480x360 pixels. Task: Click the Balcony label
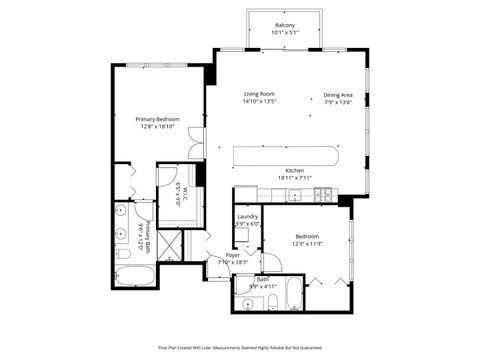coord(284,25)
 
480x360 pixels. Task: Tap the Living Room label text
coord(259,94)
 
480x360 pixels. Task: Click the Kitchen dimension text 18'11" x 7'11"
coord(295,178)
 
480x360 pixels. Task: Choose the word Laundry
coord(248,216)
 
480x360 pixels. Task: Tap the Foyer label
coord(233,255)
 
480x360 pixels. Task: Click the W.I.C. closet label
coord(178,192)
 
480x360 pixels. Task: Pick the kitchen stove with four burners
coord(323,197)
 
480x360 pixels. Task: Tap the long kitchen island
coord(286,155)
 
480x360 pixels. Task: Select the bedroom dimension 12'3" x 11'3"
coord(307,244)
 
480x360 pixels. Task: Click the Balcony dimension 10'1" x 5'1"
coord(284,33)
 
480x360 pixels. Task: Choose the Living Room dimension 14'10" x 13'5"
coord(259,102)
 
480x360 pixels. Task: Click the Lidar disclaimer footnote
coord(239,347)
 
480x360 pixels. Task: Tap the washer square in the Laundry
coord(244,235)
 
